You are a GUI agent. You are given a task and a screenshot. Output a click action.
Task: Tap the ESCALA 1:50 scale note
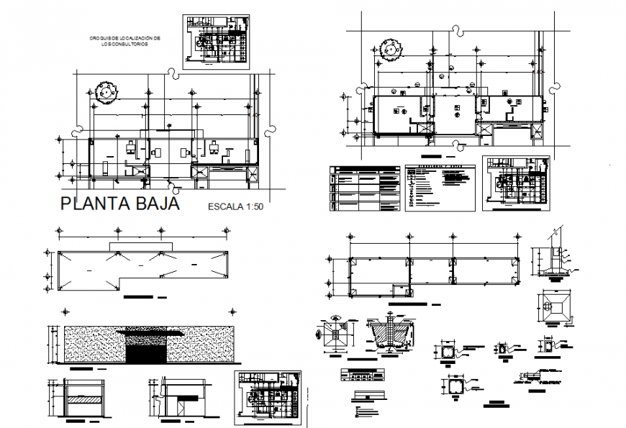[x=235, y=207]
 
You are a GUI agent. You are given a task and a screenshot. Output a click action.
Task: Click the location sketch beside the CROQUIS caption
[x=215, y=41]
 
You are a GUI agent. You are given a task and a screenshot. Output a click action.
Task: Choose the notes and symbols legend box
[x=440, y=188]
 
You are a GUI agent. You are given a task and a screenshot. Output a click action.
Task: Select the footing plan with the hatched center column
[x=335, y=335]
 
